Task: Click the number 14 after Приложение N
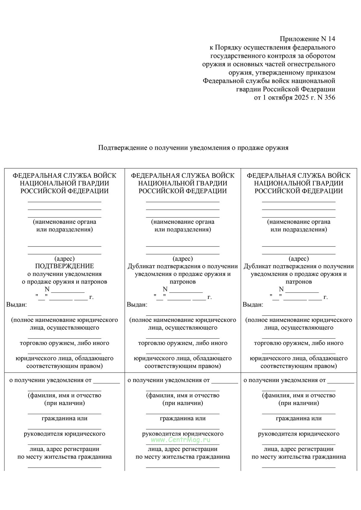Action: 331,39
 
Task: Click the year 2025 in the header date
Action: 302,98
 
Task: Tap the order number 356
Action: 329,98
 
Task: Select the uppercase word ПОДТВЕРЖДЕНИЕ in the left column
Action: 64,266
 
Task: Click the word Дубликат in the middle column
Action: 141,266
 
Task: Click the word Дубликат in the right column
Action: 257,266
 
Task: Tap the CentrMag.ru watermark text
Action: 180,440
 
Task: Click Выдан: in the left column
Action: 17,305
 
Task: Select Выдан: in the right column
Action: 253,305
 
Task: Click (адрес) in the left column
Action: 64,259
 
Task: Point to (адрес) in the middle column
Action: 183,259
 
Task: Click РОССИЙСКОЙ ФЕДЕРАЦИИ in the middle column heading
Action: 183,191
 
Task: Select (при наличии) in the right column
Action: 299,403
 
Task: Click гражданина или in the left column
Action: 64,418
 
